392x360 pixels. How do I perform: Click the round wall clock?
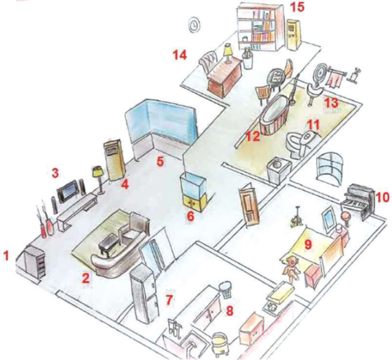pos(194,25)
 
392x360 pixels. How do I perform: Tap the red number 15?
pos(298,7)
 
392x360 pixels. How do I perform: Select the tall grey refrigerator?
pos(145,292)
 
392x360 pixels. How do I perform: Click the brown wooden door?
pos(250,206)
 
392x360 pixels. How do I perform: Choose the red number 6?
pos(191,217)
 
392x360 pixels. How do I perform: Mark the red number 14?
pos(180,55)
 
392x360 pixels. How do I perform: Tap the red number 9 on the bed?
pos(308,244)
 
